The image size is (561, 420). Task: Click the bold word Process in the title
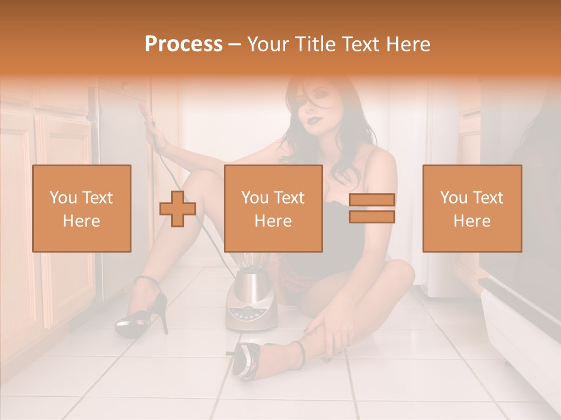pos(183,44)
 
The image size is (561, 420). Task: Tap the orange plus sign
pos(178,208)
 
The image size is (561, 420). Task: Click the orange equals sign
pos(372,208)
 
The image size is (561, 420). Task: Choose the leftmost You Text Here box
pos(82,208)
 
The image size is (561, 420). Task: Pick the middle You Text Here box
pos(273,208)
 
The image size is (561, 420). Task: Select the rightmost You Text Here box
pos(472,208)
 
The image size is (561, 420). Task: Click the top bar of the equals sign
pos(372,200)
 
